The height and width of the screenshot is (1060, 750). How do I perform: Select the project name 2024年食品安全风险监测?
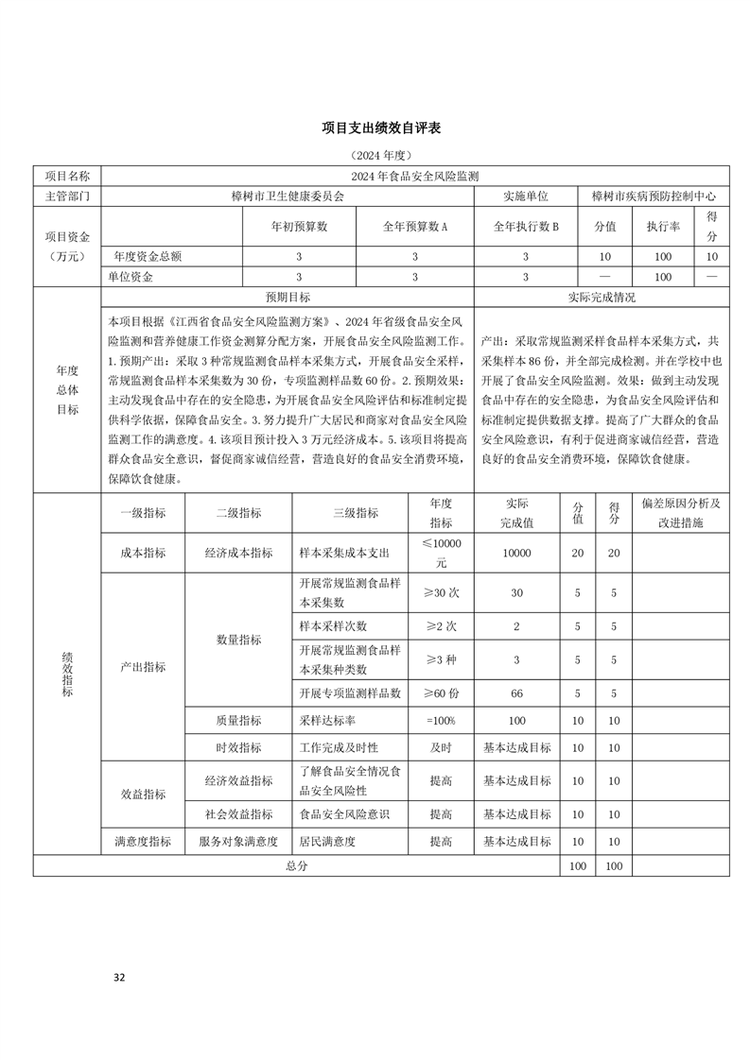(415, 176)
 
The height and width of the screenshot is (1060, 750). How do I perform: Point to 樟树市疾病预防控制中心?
(654, 197)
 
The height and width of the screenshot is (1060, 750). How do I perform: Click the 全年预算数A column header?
(414, 227)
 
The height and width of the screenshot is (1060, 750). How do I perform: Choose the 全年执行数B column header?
(526, 227)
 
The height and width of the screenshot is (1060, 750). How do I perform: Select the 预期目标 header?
(288, 297)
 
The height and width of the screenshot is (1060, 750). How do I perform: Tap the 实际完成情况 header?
(602, 297)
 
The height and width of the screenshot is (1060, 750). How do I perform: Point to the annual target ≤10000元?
(441, 553)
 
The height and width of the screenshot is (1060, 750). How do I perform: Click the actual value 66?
(516, 693)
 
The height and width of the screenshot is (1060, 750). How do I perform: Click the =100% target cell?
(441, 721)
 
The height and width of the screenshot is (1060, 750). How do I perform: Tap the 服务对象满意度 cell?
(238, 841)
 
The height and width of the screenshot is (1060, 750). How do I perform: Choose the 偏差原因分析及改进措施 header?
(681, 513)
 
